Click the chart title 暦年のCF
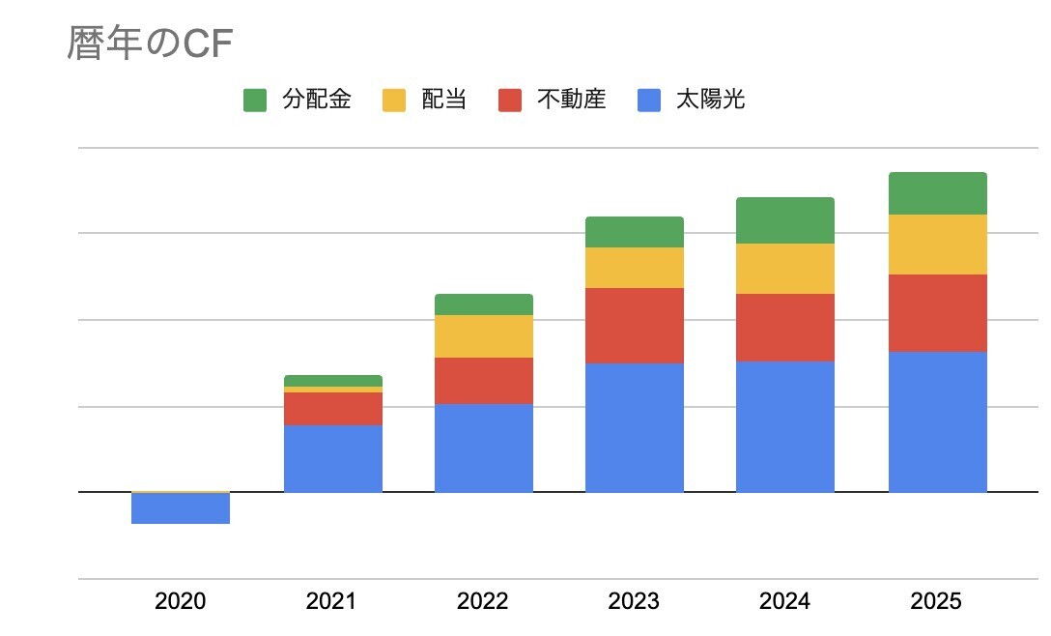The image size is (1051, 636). pyautogui.click(x=150, y=43)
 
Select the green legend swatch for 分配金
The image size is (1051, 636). pyautogui.click(x=255, y=100)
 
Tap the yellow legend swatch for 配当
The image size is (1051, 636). pyautogui.click(x=394, y=100)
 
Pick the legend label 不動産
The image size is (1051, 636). pyautogui.click(x=571, y=100)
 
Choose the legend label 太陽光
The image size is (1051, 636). pyautogui.click(x=711, y=100)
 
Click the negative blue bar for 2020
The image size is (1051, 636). pyautogui.click(x=181, y=507)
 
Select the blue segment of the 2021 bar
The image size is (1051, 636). pyautogui.click(x=333, y=459)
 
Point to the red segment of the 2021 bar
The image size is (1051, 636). pyautogui.click(x=333, y=409)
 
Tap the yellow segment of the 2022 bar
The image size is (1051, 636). pyautogui.click(x=484, y=336)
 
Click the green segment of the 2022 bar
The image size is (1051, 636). pyautogui.click(x=484, y=304)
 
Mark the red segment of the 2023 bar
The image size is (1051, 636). pyautogui.click(x=635, y=326)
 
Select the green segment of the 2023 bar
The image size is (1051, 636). pyautogui.click(x=635, y=232)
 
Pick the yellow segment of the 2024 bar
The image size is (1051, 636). pyautogui.click(x=785, y=269)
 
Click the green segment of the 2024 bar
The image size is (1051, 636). pyautogui.click(x=785, y=220)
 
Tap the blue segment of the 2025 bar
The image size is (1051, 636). pyautogui.click(x=938, y=422)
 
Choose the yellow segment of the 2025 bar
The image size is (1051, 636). pyautogui.click(x=938, y=245)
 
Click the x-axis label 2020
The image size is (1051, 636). pyautogui.click(x=181, y=601)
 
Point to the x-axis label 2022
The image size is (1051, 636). pyautogui.click(x=483, y=601)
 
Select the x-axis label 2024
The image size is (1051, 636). pyautogui.click(x=785, y=601)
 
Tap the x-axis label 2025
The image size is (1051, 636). pyautogui.click(x=936, y=601)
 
